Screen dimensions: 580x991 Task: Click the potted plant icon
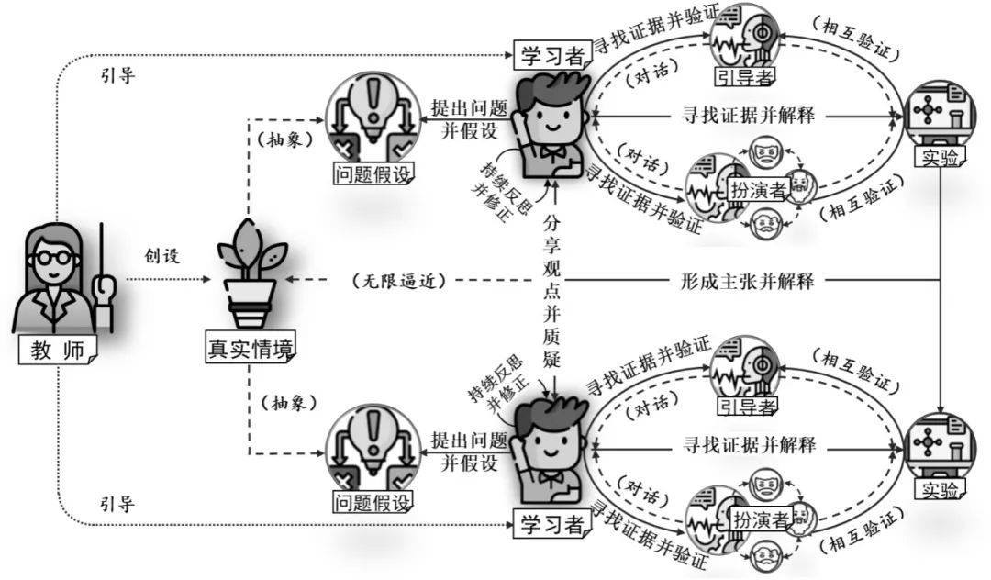[x=251, y=274]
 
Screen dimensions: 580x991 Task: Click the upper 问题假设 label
[x=372, y=172]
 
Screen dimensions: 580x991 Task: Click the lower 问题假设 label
[x=372, y=502]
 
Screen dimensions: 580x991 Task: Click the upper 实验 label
[x=939, y=157]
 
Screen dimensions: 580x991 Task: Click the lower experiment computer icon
[x=938, y=445]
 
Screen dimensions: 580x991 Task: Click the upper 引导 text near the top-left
[x=117, y=75]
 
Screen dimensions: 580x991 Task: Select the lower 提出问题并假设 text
[x=469, y=449]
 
